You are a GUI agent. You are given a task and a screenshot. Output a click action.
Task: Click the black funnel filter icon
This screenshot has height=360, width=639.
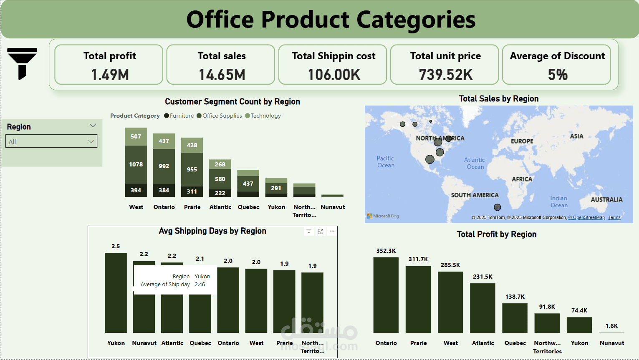click(22, 63)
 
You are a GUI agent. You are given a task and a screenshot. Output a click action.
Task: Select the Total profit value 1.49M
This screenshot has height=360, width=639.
click(110, 75)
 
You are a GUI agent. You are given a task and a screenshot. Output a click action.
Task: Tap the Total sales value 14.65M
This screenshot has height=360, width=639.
click(222, 75)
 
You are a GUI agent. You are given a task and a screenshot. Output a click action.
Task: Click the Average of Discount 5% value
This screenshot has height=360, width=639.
click(557, 75)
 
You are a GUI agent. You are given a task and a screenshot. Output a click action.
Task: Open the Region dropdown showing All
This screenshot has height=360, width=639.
click(51, 141)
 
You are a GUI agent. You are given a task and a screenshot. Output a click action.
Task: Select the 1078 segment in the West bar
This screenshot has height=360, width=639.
click(136, 164)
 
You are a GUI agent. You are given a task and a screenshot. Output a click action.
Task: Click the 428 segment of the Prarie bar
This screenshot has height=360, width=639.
click(192, 145)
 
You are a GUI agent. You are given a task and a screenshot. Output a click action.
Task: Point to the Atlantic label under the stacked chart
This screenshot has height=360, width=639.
click(220, 207)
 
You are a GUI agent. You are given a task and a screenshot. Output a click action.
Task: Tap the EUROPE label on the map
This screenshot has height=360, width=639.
click(522, 141)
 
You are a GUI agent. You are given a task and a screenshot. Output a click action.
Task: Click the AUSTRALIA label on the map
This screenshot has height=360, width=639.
click(606, 200)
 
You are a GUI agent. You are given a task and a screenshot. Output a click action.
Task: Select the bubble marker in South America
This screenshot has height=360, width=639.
click(497, 207)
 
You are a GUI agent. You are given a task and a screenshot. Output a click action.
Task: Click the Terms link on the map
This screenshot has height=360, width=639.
click(614, 217)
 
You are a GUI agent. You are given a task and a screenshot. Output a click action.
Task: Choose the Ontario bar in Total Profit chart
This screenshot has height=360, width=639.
click(386, 295)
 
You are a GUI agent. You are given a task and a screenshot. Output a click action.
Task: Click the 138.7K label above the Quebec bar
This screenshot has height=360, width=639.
click(515, 297)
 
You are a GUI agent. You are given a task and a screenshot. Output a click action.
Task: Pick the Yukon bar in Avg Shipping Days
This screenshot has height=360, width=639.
click(116, 292)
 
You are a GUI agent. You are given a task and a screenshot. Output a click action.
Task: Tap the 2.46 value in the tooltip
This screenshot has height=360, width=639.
click(200, 284)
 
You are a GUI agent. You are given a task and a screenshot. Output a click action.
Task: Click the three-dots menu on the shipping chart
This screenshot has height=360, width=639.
click(332, 231)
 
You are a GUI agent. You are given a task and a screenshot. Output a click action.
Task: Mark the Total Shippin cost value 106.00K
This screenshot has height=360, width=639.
click(334, 75)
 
